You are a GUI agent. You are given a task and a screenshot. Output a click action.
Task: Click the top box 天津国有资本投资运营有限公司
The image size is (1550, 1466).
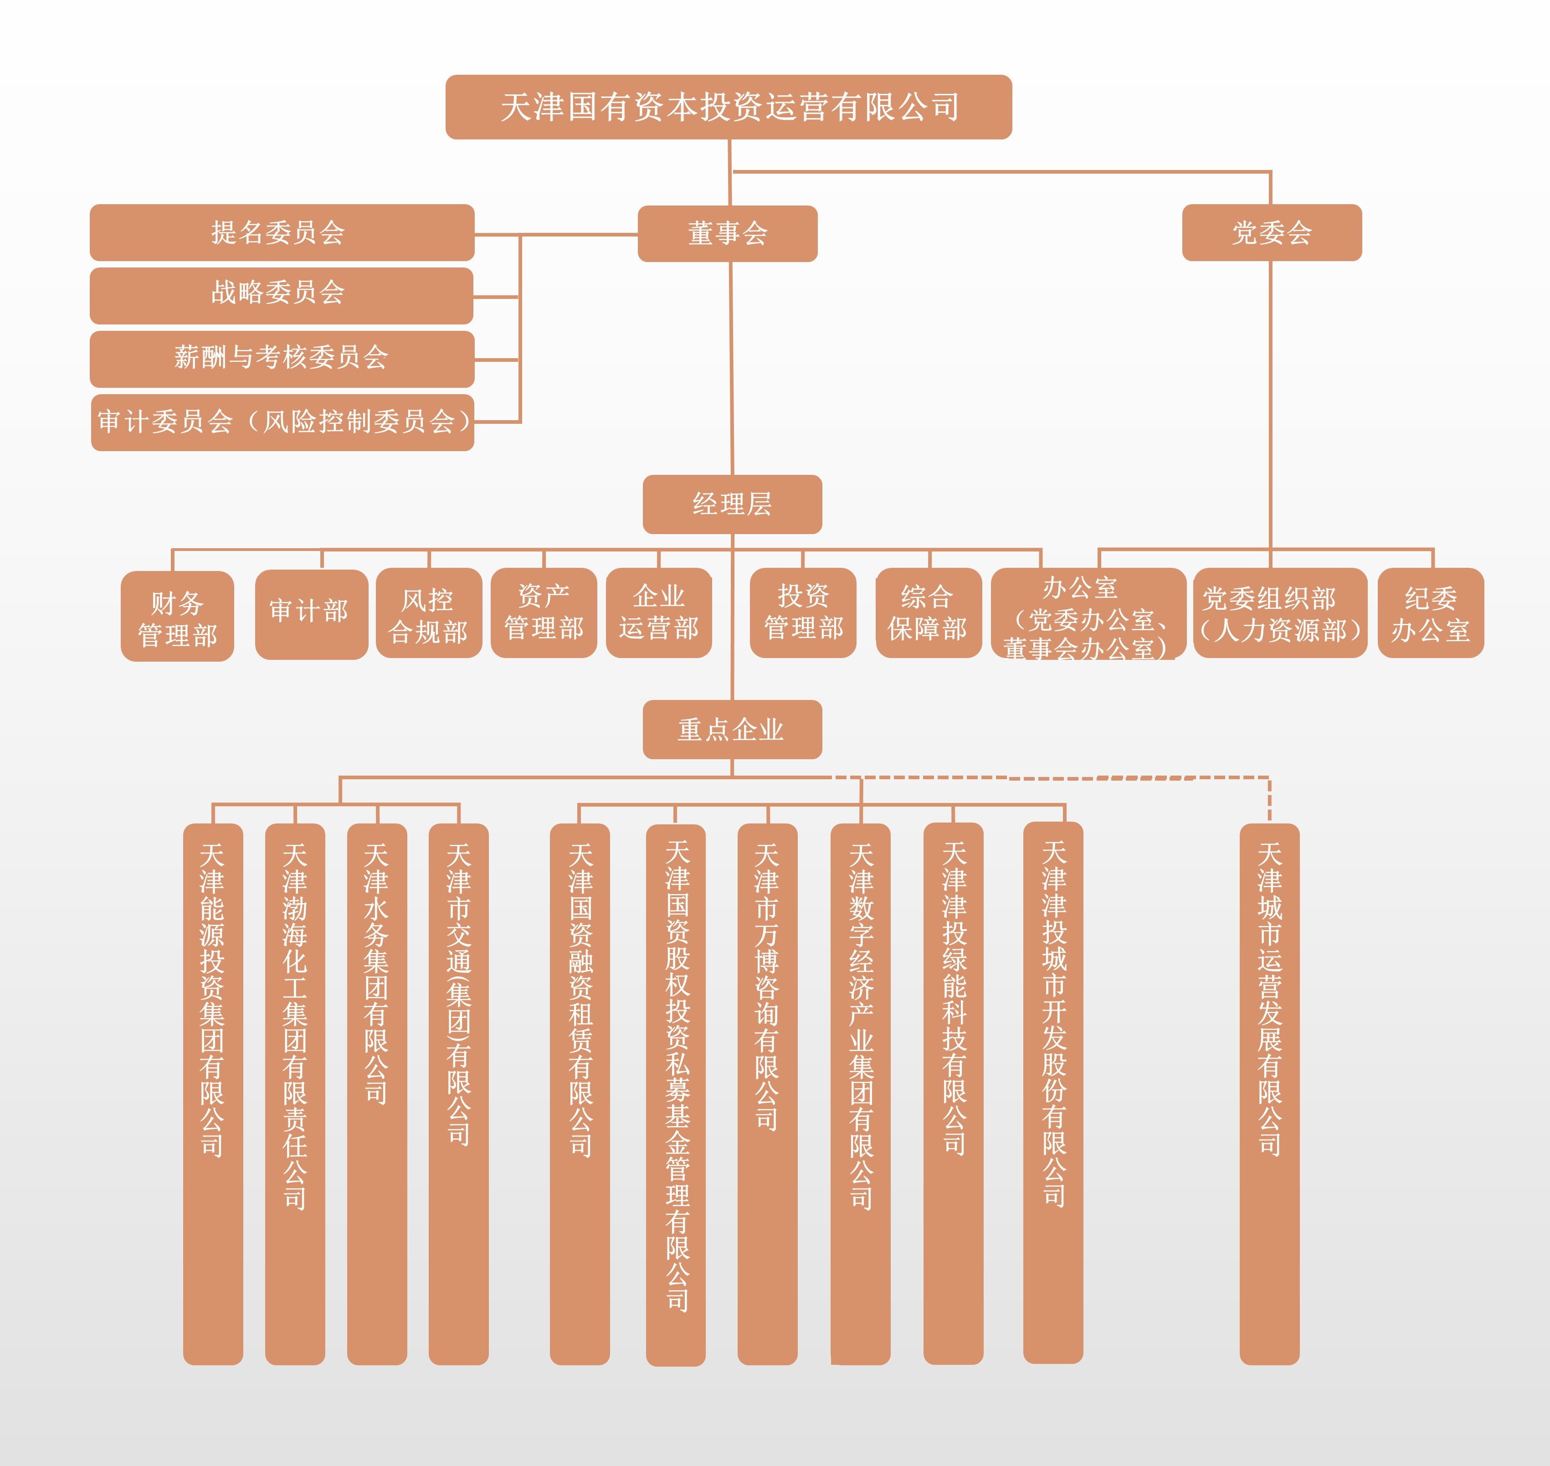[x=728, y=107]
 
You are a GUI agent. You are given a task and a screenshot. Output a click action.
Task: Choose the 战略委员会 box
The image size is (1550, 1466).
[x=281, y=295]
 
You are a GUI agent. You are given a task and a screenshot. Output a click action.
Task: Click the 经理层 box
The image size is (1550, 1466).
[x=732, y=504]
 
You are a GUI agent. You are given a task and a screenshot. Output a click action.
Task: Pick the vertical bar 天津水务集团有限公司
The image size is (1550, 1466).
[x=376, y=1094]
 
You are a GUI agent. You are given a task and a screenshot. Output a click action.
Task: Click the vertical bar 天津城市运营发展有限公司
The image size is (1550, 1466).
[x=1269, y=1094]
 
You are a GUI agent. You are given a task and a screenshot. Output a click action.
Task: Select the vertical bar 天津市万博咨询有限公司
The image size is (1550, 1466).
[x=767, y=1094]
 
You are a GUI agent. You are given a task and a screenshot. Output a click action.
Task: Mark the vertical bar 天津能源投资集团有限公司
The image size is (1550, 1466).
[x=212, y=1094]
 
